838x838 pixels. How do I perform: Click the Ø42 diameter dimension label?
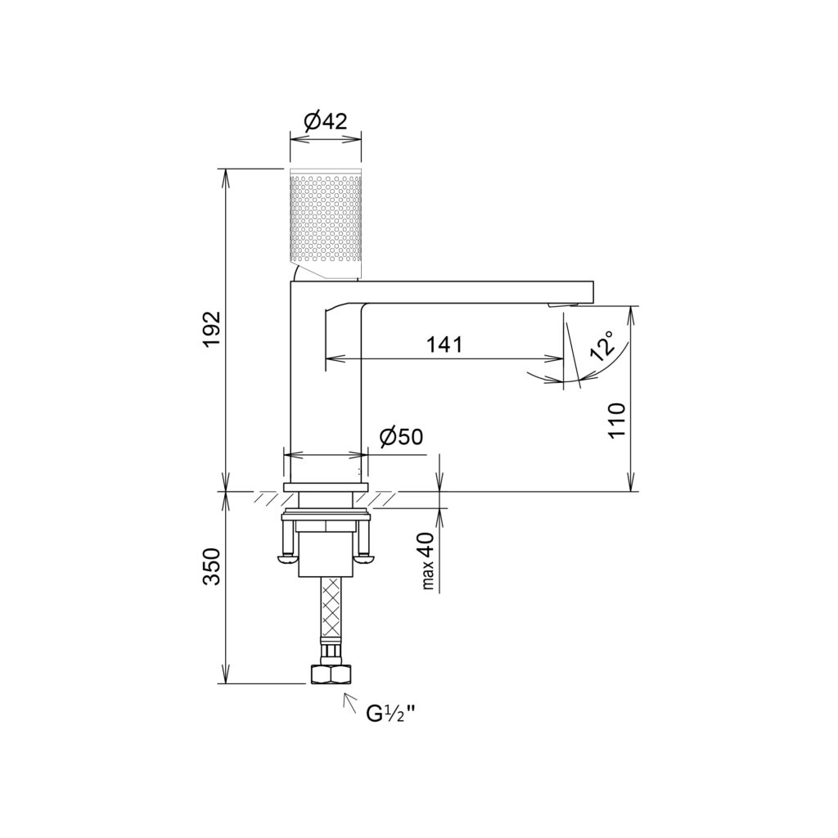326,123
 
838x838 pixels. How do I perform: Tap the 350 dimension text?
213,566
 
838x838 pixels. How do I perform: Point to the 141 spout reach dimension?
444,345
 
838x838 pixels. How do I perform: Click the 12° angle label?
601,346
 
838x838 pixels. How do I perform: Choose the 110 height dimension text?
616,421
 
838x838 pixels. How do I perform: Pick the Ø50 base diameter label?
401,437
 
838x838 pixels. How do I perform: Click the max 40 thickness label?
429,561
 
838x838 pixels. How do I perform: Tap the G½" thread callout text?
390,714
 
